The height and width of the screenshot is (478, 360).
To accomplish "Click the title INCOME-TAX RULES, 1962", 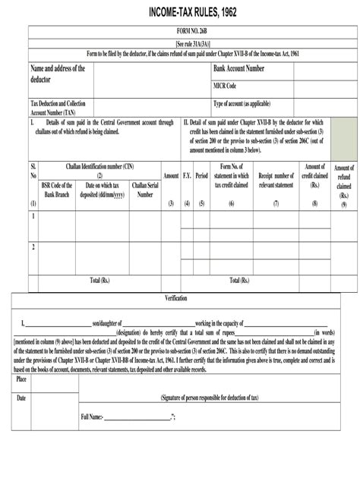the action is coord(180,13).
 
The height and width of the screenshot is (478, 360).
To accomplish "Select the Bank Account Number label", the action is coord(239,69).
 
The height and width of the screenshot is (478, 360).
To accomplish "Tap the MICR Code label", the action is coord(225,86).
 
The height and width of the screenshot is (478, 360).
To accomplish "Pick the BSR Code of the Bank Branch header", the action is coord(57,190).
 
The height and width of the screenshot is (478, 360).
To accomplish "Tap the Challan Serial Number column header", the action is coord(144,190).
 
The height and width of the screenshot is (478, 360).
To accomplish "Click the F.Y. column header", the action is coord(187,175).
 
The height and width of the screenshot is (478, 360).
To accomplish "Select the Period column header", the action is coord(201,175).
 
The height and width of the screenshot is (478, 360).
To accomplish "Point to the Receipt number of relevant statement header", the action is coord(276,180).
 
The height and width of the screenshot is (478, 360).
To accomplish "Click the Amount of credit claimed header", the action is coord(314,175).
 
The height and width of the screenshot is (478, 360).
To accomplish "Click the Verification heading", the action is coord(175,298).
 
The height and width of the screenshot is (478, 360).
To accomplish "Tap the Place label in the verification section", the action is coord(22,378).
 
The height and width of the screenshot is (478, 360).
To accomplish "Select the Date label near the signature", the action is coord(21,398).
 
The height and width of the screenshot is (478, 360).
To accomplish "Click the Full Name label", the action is coord(92,417).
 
